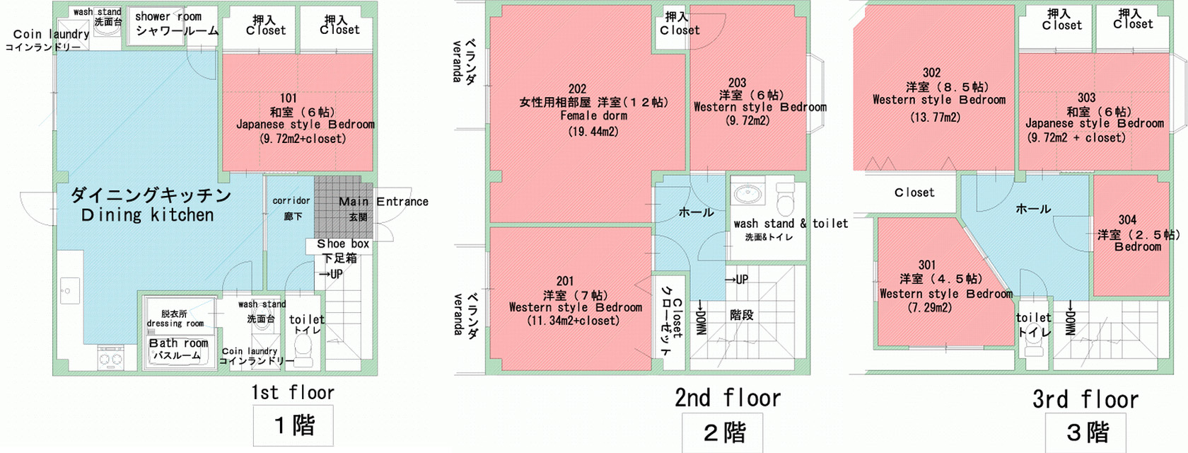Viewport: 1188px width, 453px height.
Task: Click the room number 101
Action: (289, 98)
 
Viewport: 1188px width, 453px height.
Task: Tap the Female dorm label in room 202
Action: (593, 116)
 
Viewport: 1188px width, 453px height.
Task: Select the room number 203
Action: (737, 83)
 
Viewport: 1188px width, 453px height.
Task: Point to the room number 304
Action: (1127, 220)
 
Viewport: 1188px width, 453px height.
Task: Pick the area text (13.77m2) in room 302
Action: (935, 117)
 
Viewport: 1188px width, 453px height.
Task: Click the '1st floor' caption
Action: (293, 392)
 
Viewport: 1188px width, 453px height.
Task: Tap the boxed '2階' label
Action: (724, 432)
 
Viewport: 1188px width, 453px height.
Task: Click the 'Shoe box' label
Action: (342, 243)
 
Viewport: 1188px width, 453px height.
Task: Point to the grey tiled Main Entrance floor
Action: (344, 207)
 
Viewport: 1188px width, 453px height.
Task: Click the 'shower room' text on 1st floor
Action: (168, 16)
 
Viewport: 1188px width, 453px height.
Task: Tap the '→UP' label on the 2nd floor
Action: (737, 280)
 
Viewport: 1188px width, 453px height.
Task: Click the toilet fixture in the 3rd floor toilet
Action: (1034, 348)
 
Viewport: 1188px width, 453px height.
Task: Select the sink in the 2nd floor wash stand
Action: (748, 193)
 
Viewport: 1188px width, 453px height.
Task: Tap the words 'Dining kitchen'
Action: (147, 215)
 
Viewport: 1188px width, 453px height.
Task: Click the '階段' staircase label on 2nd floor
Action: (741, 315)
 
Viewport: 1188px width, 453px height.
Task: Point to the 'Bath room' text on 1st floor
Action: (178, 343)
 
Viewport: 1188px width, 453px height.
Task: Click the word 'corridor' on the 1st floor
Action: (291, 201)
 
